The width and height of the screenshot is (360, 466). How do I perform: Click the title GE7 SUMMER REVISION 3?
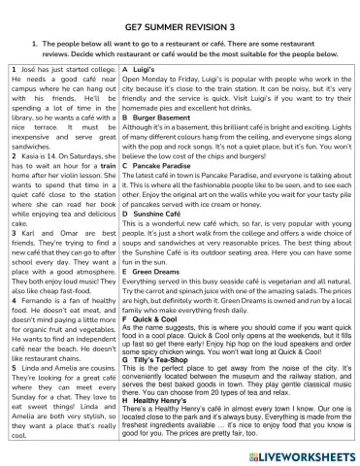[180, 26]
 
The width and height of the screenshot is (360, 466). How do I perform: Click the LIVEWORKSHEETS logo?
[305, 450]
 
